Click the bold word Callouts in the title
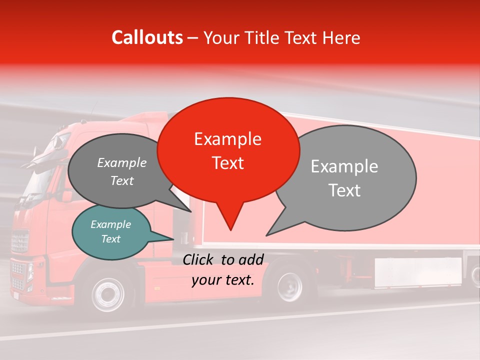point(147,38)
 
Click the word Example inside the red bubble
point(228,139)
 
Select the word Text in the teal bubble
point(111,239)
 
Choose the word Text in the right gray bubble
point(344,190)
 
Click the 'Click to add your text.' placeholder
point(223,270)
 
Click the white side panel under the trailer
point(418,272)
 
